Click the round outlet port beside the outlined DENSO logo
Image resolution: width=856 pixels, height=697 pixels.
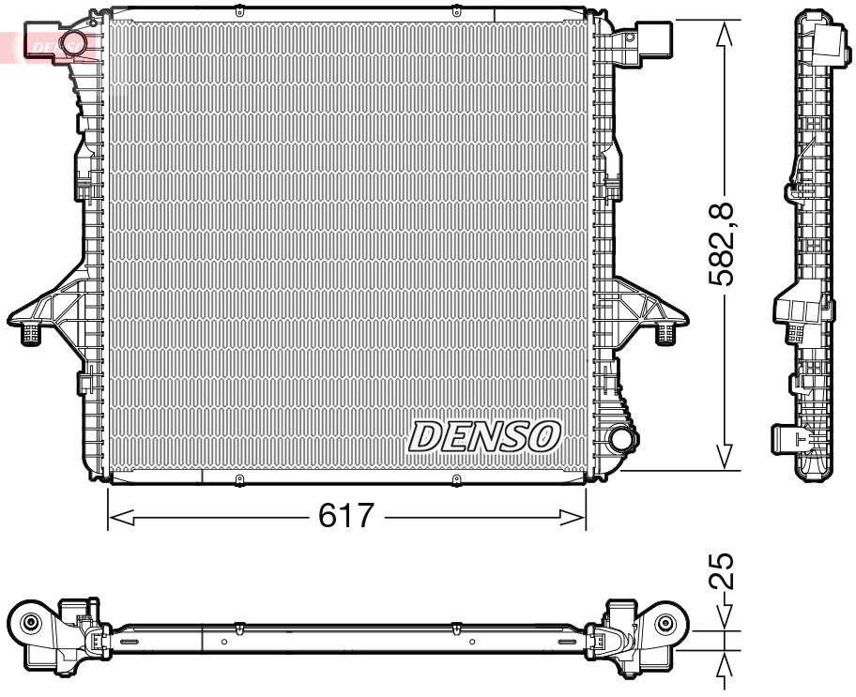(x=620, y=440)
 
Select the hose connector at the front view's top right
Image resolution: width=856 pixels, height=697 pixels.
(x=657, y=41)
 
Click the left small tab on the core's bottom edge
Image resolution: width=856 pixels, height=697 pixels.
(x=238, y=481)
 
